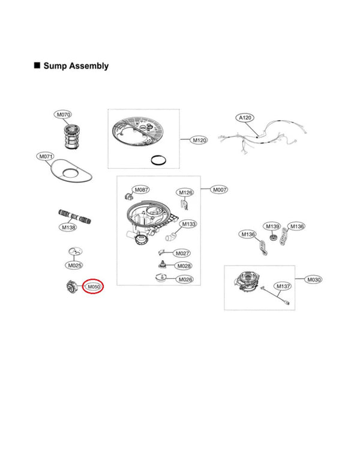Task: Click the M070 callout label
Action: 63,115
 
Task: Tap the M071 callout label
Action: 46,156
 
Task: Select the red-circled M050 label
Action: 93,286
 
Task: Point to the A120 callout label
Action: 245,118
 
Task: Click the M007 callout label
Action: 219,190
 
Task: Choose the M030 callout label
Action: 313,280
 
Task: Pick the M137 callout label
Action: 283,286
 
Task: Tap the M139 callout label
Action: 272,226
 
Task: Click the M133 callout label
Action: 188,224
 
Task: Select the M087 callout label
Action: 141,190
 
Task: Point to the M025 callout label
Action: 74,265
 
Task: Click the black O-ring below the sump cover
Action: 158,160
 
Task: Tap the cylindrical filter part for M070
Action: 71,137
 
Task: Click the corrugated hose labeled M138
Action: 74,216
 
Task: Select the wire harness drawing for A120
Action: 263,138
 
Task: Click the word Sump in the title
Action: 56,65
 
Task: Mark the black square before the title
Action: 37,65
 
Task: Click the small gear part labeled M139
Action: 272,237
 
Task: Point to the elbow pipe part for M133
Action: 170,237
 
